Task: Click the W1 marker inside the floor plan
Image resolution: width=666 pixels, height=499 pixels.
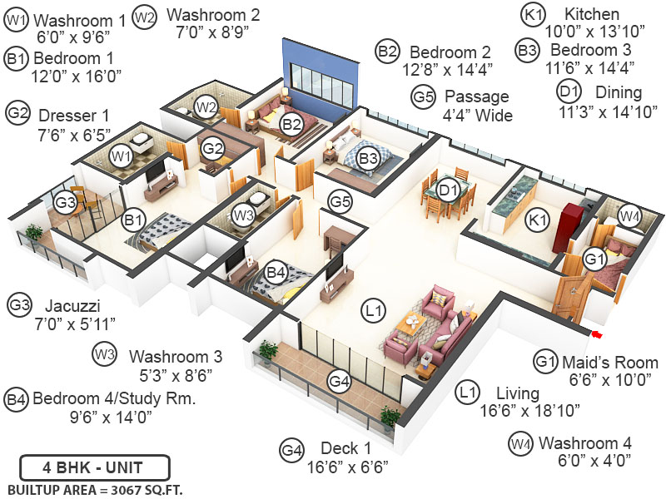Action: point(122,155)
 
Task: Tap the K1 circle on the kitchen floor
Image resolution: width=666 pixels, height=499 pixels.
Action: point(539,220)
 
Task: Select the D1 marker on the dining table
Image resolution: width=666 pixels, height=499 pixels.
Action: point(449,191)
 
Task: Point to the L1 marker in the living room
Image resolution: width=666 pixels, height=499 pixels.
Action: point(375,310)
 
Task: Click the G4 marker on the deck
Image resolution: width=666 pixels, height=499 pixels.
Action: point(339,382)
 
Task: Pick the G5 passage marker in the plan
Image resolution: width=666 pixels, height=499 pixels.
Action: point(340,200)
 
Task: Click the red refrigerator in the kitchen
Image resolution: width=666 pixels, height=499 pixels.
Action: point(574,225)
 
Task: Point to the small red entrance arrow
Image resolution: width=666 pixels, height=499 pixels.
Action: point(596,334)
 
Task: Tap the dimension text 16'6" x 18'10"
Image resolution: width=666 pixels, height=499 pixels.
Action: point(531,410)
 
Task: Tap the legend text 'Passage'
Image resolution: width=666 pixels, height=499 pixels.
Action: point(476,96)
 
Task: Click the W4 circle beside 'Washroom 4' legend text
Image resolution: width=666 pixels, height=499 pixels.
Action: point(520,443)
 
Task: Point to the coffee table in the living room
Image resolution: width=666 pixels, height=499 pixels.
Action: point(410,324)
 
